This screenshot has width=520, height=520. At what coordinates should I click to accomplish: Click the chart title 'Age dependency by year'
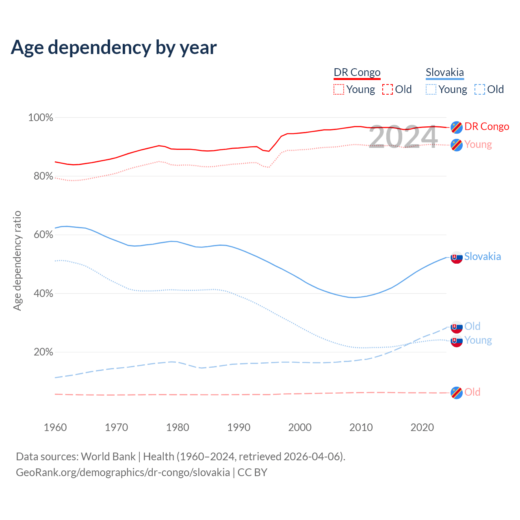[114, 47]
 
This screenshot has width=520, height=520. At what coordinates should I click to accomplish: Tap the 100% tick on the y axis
[41, 118]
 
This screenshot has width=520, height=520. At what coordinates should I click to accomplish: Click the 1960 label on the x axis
[55, 427]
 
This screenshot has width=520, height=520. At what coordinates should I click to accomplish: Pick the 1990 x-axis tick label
[239, 427]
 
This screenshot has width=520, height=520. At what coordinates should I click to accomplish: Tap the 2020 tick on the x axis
[422, 427]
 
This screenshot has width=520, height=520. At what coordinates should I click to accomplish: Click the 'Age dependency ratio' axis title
[17, 260]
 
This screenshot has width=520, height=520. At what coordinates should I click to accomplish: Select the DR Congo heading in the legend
[357, 72]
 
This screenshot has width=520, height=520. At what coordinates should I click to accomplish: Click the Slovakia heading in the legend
[445, 72]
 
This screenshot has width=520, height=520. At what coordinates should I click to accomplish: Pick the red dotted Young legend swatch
[339, 89]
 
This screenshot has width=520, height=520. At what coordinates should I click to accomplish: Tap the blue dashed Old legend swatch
[480, 89]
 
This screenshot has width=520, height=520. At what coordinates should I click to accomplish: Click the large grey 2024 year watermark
[403, 137]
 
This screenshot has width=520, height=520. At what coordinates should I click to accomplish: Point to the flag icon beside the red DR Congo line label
[457, 127]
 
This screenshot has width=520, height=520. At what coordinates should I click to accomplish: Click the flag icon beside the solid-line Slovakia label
[457, 257]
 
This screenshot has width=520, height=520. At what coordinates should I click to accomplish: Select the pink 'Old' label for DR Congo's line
[472, 392]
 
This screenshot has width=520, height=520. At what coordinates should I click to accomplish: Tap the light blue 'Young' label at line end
[478, 340]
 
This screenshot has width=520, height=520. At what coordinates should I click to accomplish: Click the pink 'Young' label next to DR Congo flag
[478, 145]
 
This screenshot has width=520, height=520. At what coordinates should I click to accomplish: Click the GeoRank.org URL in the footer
[123, 472]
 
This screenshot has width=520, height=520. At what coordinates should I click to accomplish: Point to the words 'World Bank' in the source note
[108, 457]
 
